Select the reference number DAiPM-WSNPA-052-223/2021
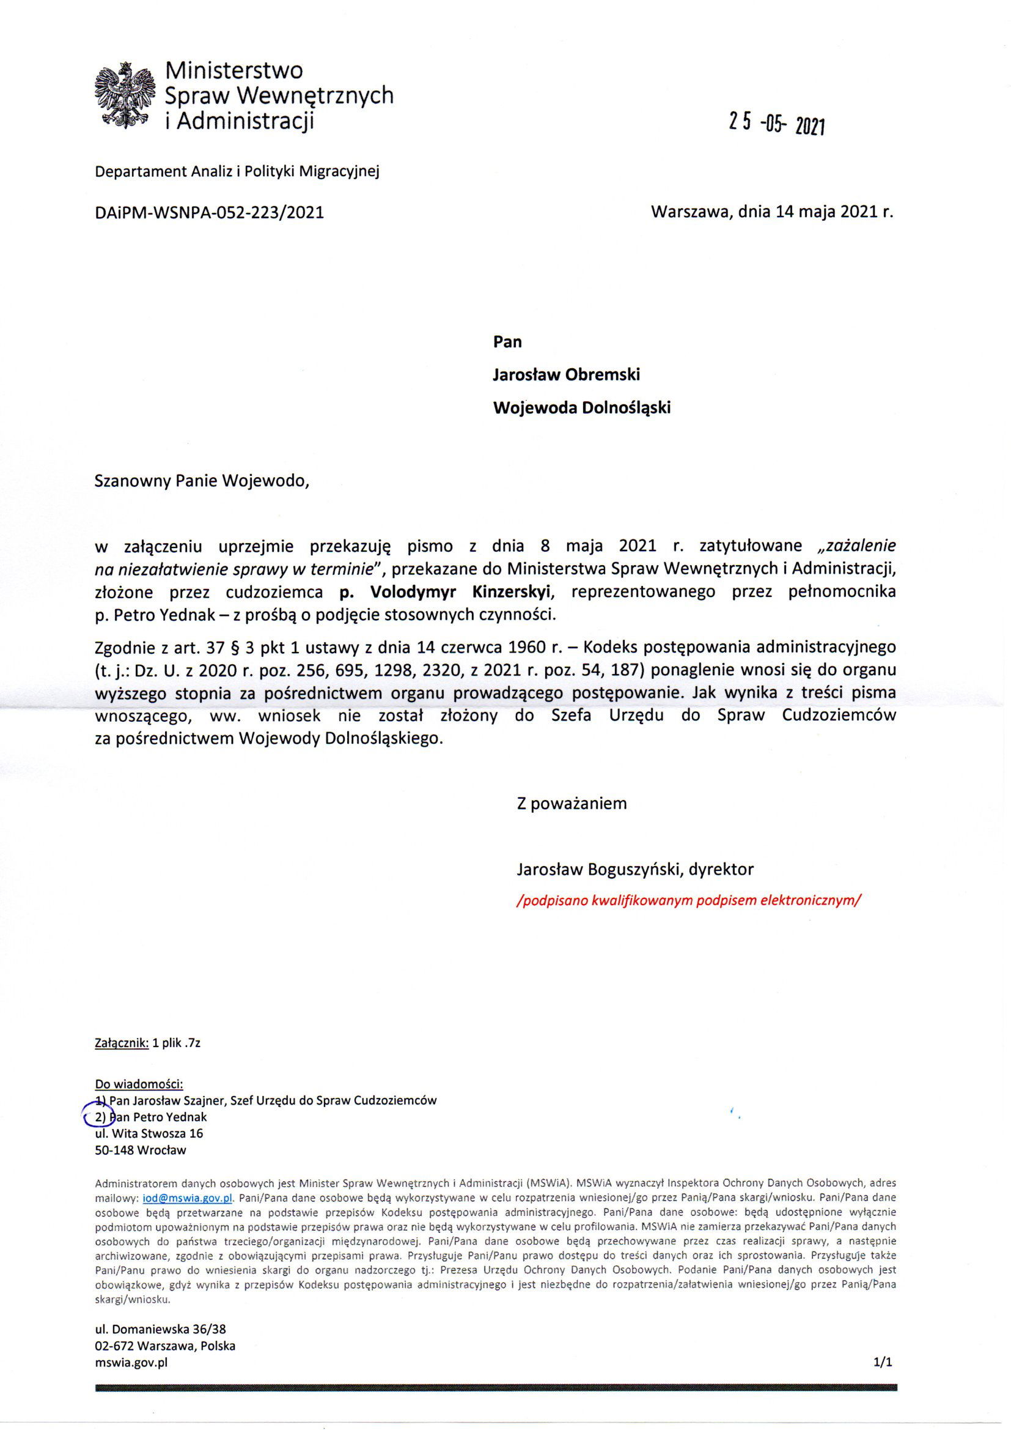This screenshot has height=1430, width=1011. point(209,212)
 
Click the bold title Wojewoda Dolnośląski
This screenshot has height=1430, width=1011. point(581,408)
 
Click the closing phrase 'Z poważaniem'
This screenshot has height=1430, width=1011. point(572,804)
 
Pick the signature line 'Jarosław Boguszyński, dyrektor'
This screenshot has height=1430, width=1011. point(635,870)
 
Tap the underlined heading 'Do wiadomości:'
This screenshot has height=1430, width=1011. point(139,1083)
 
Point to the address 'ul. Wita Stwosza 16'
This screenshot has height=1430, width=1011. point(149,1133)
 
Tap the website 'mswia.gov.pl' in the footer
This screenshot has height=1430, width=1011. point(131,1362)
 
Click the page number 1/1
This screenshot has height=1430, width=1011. point(883,1362)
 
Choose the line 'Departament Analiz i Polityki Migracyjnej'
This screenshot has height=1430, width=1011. point(237,171)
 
